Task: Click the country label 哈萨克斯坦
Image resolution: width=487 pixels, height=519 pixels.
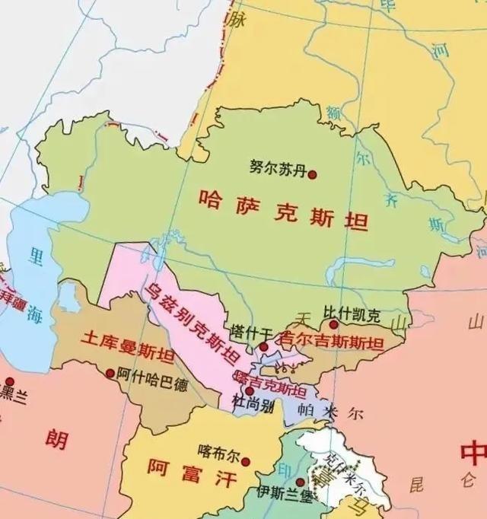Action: point(282,210)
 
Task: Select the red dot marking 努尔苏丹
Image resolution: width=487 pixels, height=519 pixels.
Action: point(312,174)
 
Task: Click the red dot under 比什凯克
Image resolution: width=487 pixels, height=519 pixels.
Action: point(333,325)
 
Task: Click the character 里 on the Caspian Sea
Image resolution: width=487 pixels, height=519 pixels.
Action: point(35,257)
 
